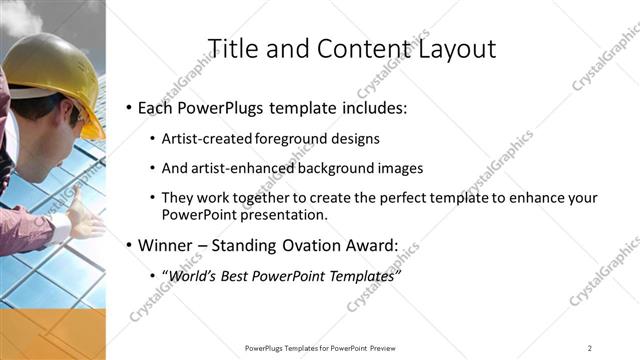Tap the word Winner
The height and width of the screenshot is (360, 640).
coord(168,245)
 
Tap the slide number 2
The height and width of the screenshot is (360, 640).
coord(590,347)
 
